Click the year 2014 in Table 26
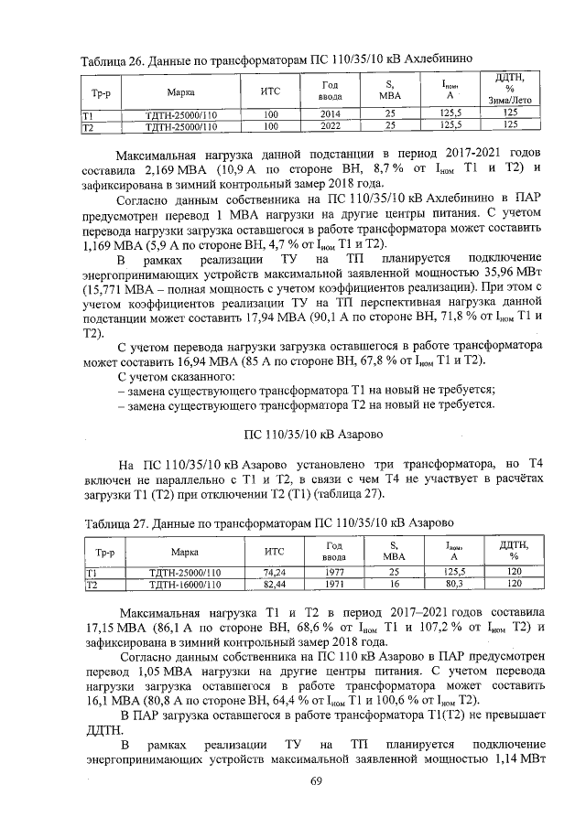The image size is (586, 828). click(x=330, y=115)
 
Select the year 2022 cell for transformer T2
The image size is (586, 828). click(x=330, y=125)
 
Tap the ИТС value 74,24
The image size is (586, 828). click(x=274, y=573)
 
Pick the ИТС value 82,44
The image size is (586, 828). click(x=274, y=583)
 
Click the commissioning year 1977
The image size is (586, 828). click(x=333, y=573)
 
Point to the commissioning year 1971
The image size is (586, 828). click(x=333, y=583)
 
